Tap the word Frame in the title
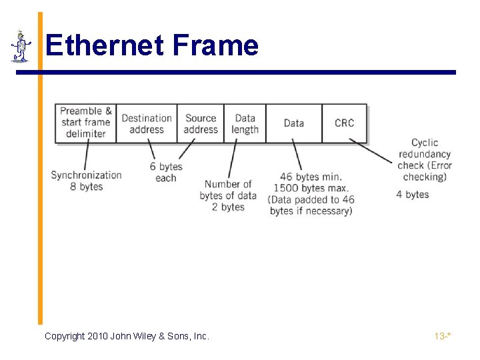tap(215, 45)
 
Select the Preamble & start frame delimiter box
tap(86, 123)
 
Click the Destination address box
tap(147, 123)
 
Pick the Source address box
tap(201, 123)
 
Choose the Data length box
tap(245, 123)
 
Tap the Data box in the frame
tap(293, 123)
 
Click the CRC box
tap(344, 123)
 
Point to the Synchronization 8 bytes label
tap(87, 181)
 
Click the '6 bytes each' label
tap(166, 172)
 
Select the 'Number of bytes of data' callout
tap(228, 190)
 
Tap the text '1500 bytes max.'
tap(307, 188)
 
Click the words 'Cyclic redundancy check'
tap(425, 154)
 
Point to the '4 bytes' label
tap(413, 195)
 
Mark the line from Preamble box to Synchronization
tap(85, 156)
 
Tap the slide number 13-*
tap(443, 336)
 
